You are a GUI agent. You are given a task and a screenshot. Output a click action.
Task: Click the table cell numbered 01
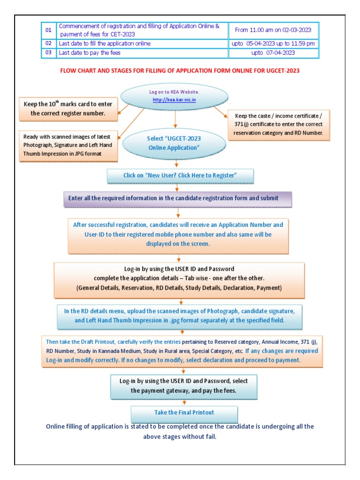click(x=48, y=30)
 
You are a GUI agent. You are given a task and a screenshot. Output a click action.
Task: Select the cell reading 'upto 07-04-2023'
click(x=273, y=53)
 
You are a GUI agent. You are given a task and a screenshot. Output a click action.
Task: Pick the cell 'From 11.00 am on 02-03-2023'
click(x=273, y=30)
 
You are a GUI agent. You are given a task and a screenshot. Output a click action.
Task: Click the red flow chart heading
click(x=180, y=71)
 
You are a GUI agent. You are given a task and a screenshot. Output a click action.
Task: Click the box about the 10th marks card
click(x=68, y=109)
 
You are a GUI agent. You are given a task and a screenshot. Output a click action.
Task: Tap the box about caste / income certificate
click(x=278, y=124)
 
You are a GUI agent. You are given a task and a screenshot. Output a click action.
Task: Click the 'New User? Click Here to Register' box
click(x=180, y=175)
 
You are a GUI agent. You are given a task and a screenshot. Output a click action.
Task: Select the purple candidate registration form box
click(x=178, y=198)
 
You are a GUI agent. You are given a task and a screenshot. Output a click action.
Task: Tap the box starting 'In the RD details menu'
click(x=180, y=316)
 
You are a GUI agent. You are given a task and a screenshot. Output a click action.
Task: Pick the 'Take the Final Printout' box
click(x=184, y=412)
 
